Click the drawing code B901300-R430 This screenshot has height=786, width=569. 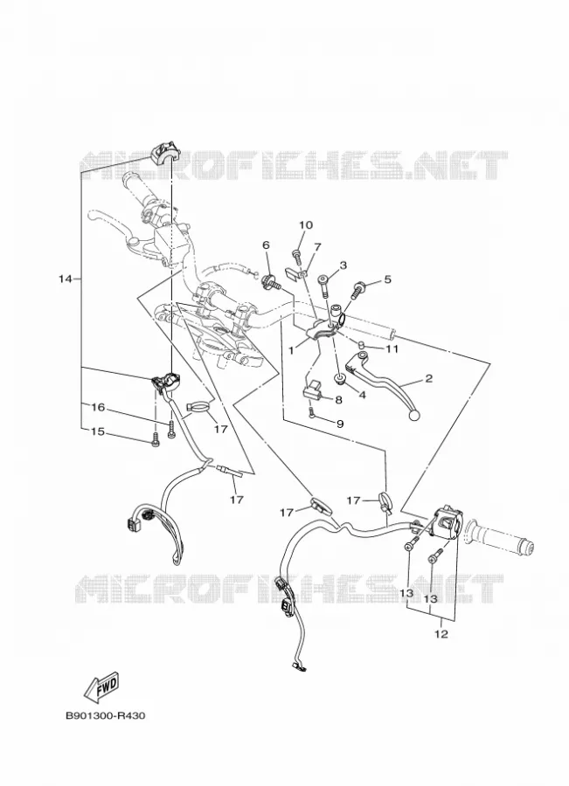(106, 715)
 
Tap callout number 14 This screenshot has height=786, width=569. (66, 279)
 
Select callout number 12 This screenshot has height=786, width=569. (441, 634)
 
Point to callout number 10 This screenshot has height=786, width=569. (306, 225)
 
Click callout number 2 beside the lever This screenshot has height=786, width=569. (428, 378)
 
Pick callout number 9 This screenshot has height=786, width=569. (340, 424)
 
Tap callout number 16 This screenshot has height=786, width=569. (98, 407)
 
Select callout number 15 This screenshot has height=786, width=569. (98, 431)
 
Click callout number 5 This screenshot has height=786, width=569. (387, 279)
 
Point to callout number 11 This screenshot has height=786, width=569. (391, 348)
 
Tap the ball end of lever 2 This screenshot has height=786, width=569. (414, 416)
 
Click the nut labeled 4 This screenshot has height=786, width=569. (340, 379)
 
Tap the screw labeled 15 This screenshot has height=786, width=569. (155, 441)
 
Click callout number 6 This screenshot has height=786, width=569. (266, 245)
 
